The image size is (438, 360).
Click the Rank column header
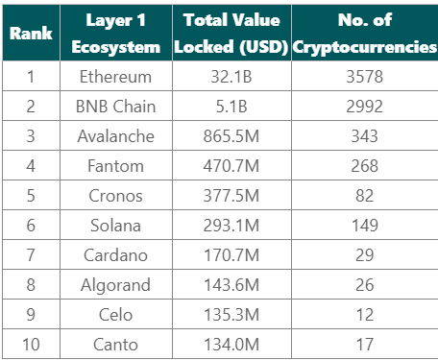tap(31, 34)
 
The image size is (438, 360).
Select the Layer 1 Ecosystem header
tap(116, 34)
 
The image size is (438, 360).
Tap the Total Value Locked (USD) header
tap(231, 34)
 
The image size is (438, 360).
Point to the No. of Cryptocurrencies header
tap(365, 34)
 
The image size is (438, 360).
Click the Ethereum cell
tap(115, 77)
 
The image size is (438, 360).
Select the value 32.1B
tap(231, 77)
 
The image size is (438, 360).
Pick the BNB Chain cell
tap(115, 107)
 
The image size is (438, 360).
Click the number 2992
tap(365, 107)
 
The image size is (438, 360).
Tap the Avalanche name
tap(115, 136)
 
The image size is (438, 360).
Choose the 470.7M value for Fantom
tap(231, 166)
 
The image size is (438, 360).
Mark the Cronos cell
tap(115, 196)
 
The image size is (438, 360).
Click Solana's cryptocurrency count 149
tap(365, 226)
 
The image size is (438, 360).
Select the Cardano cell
tap(115, 255)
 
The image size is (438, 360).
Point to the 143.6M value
tap(231, 285)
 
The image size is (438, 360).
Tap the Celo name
tap(115, 315)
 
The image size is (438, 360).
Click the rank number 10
tap(31, 345)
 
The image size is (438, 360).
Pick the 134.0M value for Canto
tap(231, 345)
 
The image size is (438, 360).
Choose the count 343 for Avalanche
tap(365, 136)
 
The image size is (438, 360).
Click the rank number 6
tap(31, 226)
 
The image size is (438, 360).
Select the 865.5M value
tap(231, 136)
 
